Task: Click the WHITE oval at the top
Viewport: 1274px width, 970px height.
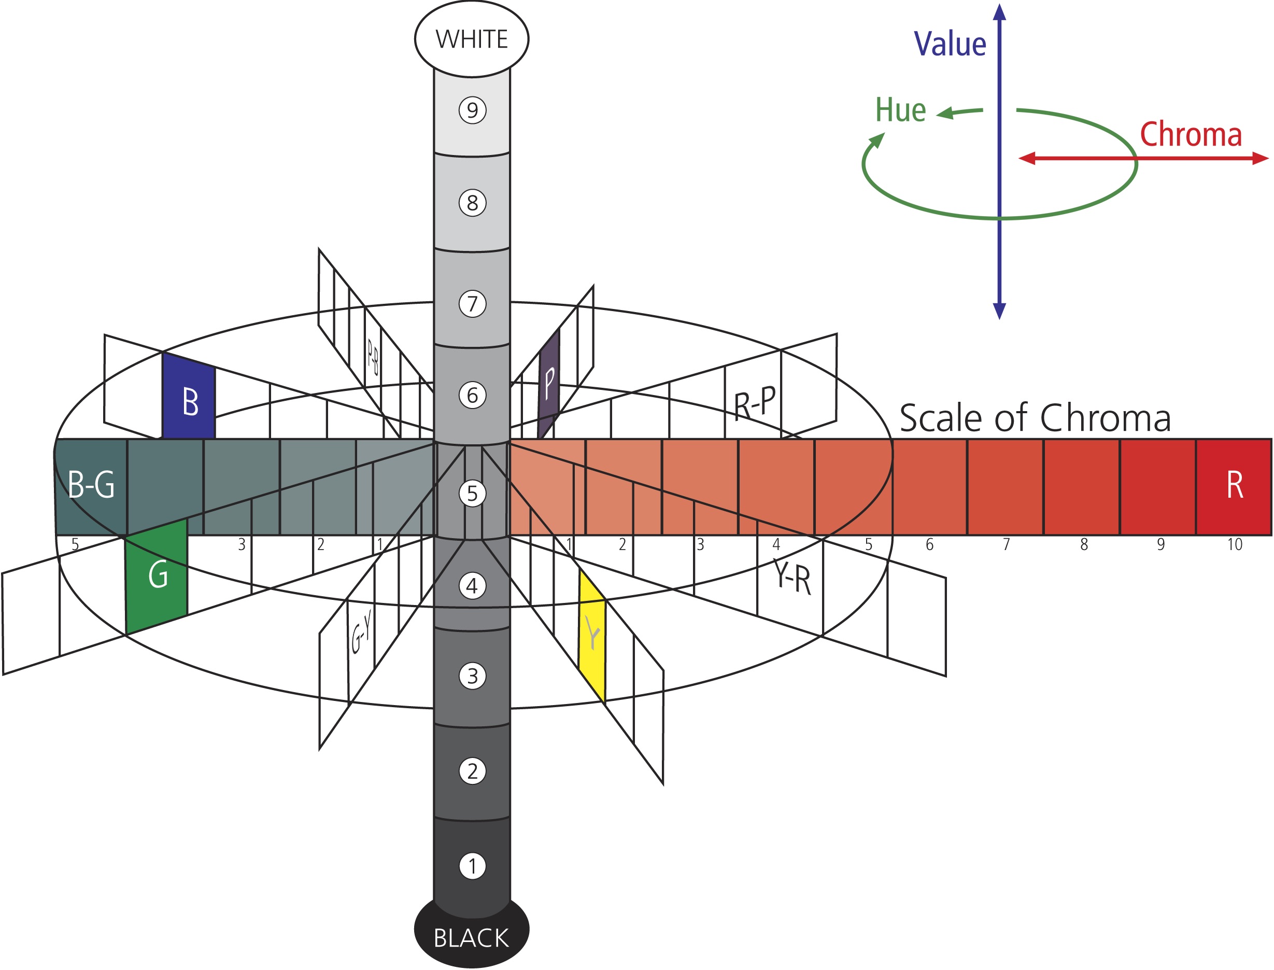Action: [471, 39]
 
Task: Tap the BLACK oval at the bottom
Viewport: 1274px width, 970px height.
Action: [471, 938]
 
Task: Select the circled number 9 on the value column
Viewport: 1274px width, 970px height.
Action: [472, 110]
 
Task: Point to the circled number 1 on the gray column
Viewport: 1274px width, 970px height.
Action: [472, 866]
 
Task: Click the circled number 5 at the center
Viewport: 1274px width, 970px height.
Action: [472, 494]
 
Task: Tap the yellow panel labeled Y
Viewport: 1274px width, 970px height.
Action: [592, 635]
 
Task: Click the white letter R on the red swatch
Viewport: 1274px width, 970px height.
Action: [1234, 485]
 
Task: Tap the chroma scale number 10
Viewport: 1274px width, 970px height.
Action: [1234, 544]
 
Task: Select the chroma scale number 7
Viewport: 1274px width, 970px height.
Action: [1006, 544]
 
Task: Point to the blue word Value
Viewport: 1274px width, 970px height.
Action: [950, 44]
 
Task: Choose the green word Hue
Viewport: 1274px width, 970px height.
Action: [900, 110]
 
